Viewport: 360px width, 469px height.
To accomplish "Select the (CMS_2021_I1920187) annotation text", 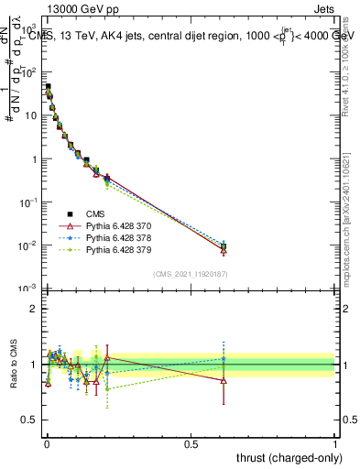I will pos(191,273).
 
